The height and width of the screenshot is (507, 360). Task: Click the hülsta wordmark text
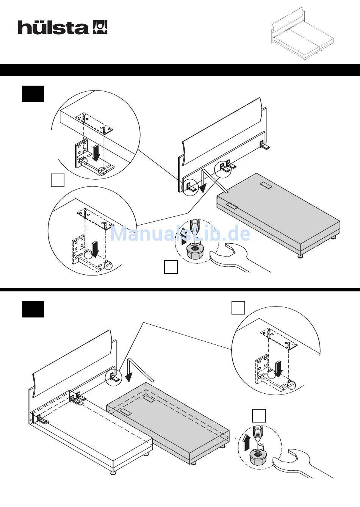pyautogui.click(x=53, y=27)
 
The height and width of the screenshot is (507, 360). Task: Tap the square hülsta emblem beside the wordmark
pyautogui.click(x=100, y=27)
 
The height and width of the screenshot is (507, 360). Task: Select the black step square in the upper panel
pyautogui.click(x=33, y=94)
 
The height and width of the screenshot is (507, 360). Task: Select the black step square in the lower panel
pyautogui.click(x=33, y=309)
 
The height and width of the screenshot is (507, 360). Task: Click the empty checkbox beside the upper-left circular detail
pyautogui.click(x=58, y=180)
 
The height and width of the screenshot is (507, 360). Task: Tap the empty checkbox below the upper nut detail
pyautogui.click(x=171, y=267)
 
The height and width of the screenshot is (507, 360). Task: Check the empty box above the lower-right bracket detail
pyautogui.click(x=238, y=308)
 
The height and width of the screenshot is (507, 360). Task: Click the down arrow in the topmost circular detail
pyautogui.click(x=96, y=153)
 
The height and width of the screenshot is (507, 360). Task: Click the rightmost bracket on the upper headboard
pyautogui.click(x=264, y=145)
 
